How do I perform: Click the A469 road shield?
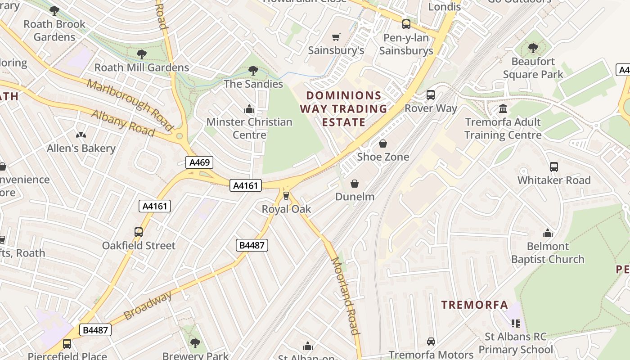[x=199, y=162]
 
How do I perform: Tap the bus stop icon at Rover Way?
[x=431, y=95]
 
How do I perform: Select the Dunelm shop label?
[x=355, y=197]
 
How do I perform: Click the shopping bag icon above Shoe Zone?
[x=383, y=144]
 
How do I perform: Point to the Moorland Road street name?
[x=346, y=296]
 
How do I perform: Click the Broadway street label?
[x=148, y=305]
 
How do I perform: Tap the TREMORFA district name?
[x=475, y=305]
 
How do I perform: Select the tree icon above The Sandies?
[x=253, y=71]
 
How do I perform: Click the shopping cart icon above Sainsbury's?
[x=336, y=37]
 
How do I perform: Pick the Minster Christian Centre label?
[x=249, y=128]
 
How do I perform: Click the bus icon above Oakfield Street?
[x=139, y=232]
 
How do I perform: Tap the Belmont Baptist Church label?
[x=548, y=252]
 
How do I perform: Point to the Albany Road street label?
[x=123, y=123]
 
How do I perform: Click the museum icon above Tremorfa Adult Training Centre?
[x=503, y=109]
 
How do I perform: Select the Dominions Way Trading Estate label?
[x=344, y=109]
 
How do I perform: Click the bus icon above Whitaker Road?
[x=554, y=167]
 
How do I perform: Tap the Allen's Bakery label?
[x=81, y=148]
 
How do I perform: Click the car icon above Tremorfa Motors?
[x=431, y=342]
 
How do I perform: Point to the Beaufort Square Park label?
[x=533, y=67]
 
